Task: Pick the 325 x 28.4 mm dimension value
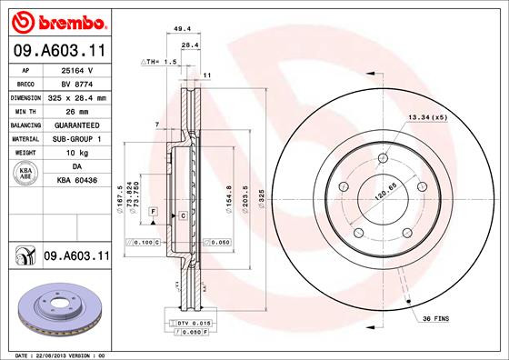(x=76, y=96)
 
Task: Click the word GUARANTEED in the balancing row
(x=76, y=125)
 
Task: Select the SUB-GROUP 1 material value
(x=76, y=138)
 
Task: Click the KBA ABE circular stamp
(x=26, y=173)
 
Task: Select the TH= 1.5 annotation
(x=158, y=61)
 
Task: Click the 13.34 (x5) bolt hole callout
(x=427, y=116)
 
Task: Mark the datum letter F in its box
(x=154, y=211)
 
